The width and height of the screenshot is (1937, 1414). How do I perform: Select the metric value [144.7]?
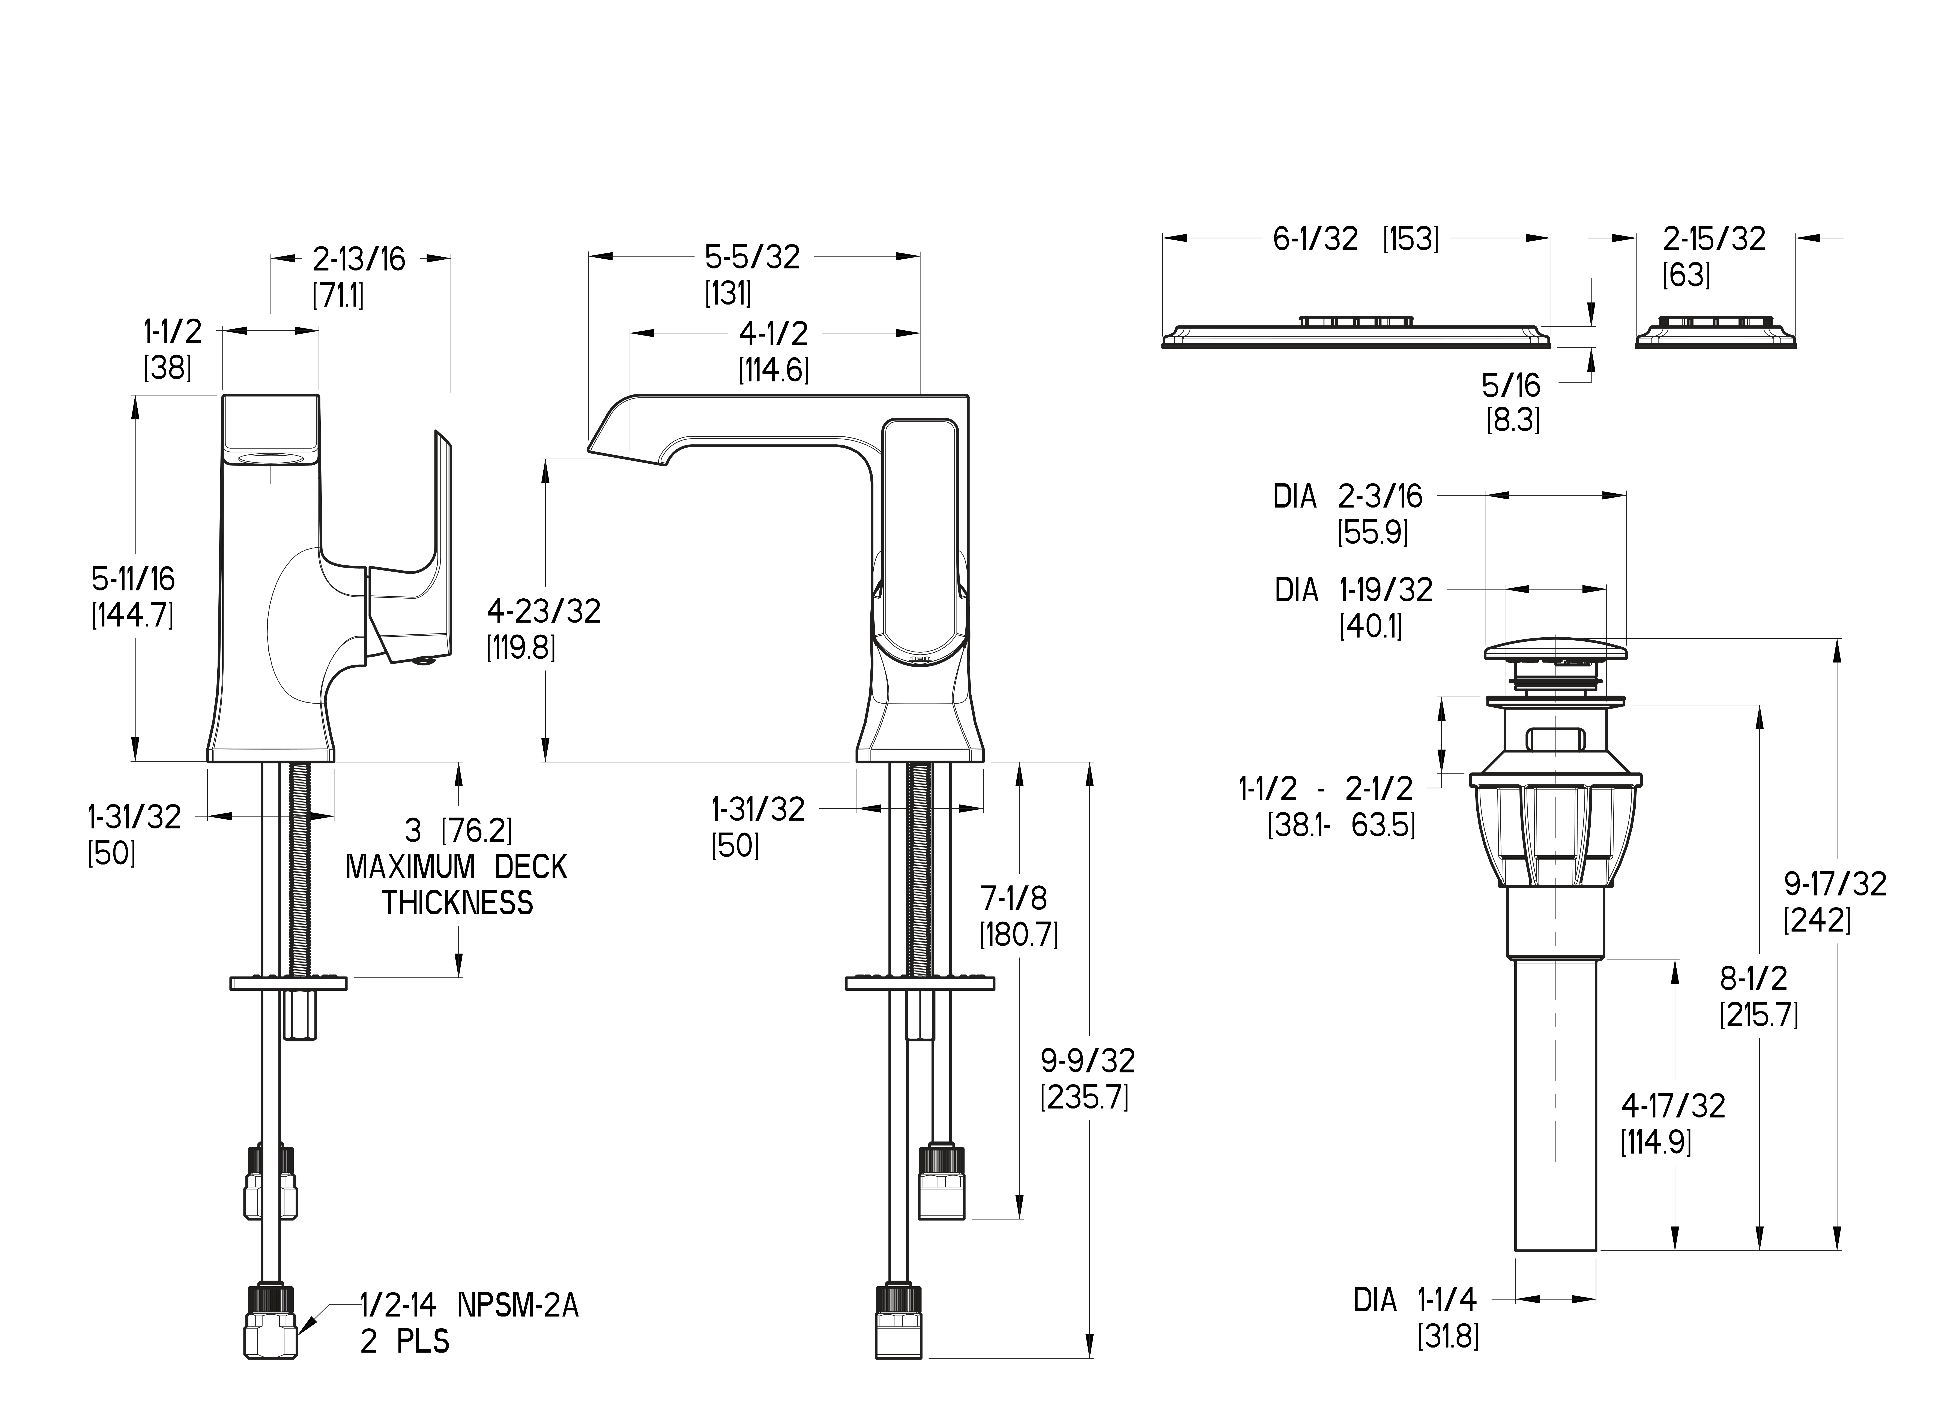[x=133, y=616]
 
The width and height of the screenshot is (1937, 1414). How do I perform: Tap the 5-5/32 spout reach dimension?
[x=753, y=257]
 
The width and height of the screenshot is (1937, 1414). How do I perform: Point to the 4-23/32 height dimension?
[x=544, y=611]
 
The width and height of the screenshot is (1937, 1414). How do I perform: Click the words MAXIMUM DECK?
[x=456, y=867]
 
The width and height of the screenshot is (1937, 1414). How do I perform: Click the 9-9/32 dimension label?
[x=1088, y=1060]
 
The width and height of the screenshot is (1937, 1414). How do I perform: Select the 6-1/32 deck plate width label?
[x=1315, y=239]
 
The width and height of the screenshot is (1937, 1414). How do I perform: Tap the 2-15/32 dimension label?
[x=1714, y=239]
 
